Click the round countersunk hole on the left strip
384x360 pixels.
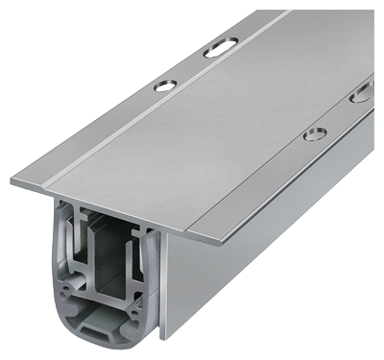tap(165, 85)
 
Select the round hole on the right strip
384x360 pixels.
tap(314, 133)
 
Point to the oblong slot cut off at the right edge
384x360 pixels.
tap(363, 94)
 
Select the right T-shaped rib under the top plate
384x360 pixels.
tap(144, 230)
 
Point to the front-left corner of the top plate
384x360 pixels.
tap(13, 180)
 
